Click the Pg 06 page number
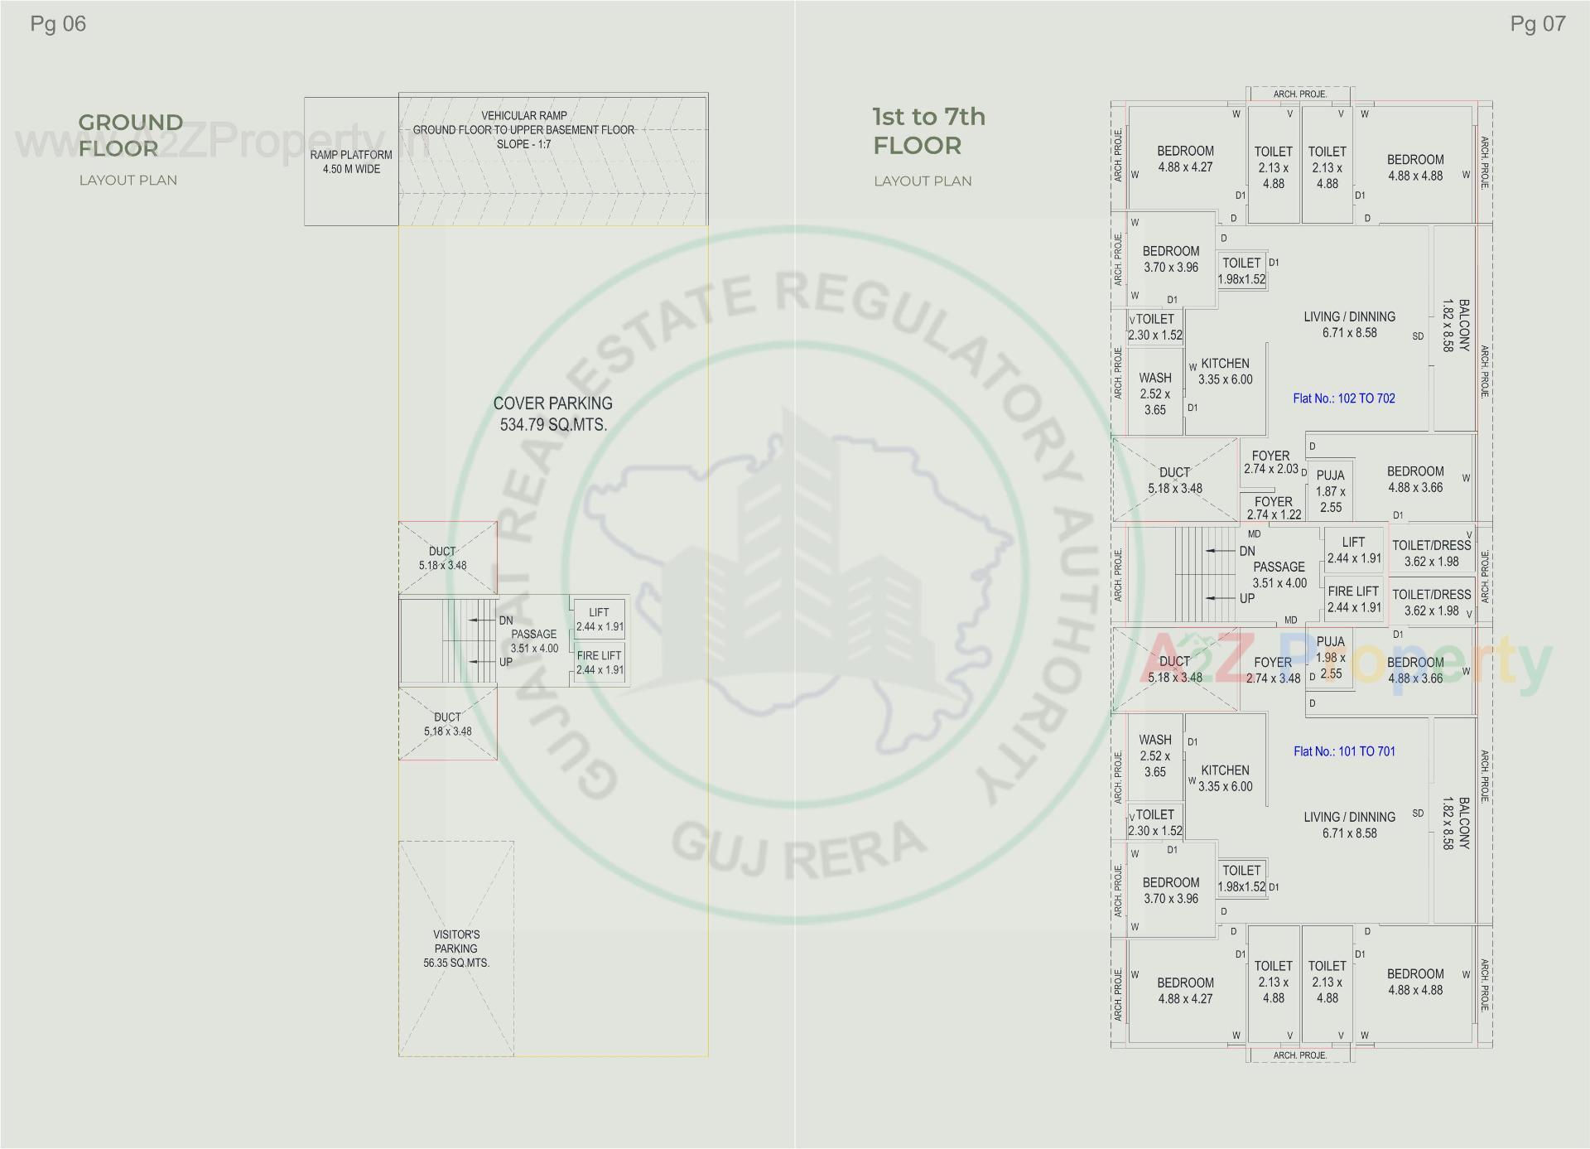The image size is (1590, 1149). (x=58, y=24)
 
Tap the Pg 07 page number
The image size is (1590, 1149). (x=1538, y=24)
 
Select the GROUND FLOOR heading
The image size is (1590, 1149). (x=131, y=135)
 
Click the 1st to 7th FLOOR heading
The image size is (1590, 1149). (x=928, y=131)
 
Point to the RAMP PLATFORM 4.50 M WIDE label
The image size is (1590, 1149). (x=351, y=162)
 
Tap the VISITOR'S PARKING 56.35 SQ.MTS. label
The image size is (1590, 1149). (x=456, y=949)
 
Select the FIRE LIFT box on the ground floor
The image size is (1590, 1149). (x=600, y=663)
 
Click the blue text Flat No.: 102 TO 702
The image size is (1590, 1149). (x=1344, y=398)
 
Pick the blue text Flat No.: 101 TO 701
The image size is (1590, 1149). (x=1344, y=751)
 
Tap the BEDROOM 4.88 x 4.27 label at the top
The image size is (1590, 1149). (x=1185, y=159)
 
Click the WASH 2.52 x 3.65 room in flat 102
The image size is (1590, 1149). (x=1154, y=393)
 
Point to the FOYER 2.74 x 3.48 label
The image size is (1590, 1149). (x=1273, y=670)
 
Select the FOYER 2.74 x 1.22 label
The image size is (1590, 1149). (x=1274, y=508)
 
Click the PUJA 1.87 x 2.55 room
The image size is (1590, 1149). (x=1330, y=491)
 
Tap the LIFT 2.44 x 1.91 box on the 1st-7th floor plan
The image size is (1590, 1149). (x=1354, y=550)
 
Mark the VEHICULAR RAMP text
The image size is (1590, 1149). (x=524, y=116)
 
